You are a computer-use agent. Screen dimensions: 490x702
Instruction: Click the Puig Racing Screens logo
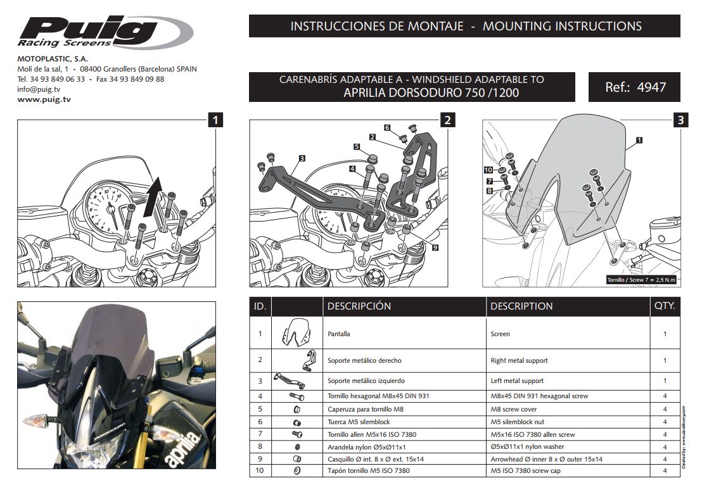[105, 32]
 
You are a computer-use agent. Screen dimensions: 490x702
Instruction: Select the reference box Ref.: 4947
[634, 87]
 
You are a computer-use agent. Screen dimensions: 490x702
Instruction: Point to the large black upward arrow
[151, 196]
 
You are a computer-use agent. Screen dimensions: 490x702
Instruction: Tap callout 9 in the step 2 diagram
[435, 248]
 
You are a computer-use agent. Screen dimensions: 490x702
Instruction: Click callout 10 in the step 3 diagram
[488, 170]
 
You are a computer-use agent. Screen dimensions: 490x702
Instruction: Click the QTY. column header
[665, 306]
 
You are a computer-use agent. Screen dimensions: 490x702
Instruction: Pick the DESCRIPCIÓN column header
[359, 306]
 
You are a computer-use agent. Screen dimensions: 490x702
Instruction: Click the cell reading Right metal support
[519, 360]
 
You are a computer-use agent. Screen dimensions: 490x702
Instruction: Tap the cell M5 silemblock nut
[517, 422]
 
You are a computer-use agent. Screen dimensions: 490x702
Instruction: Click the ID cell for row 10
[260, 471]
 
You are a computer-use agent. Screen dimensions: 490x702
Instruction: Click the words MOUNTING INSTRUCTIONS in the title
[562, 26]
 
